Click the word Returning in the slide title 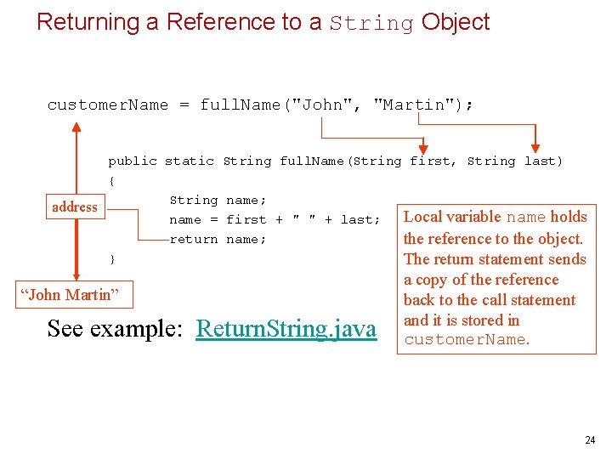pyautogui.click(x=89, y=22)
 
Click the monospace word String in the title pyautogui.click(x=371, y=23)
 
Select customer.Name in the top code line pyautogui.click(x=108, y=105)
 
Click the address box pyautogui.click(x=75, y=207)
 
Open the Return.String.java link pyautogui.click(x=286, y=328)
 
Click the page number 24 pyautogui.click(x=590, y=440)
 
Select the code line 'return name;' pyautogui.click(x=218, y=239)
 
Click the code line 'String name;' pyautogui.click(x=218, y=200)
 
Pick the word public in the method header pyautogui.click(x=132, y=161)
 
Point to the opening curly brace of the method pyautogui.click(x=111, y=180)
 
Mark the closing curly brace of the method pyautogui.click(x=111, y=258)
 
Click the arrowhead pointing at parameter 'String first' pyautogui.click(x=423, y=147)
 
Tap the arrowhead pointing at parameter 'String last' pyautogui.click(x=535, y=147)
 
